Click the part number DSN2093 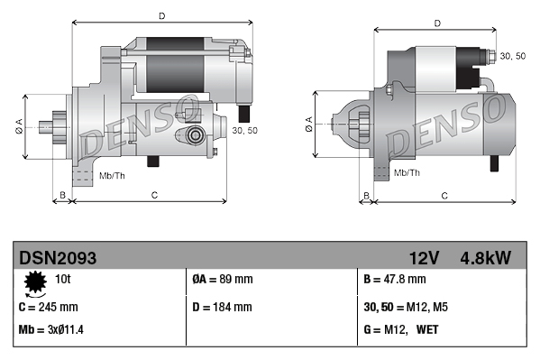(x=57, y=258)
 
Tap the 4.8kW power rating (x=487, y=258)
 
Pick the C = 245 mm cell (x=49, y=306)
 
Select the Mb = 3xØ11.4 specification (x=51, y=330)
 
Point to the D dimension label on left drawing (x=161, y=16)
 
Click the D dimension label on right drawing (x=436, y=23)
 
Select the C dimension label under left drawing (x=154, y=194)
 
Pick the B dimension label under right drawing (x=366, y=194)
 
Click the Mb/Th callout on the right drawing (x=408, y=171)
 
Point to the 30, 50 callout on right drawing (x=513, y=56)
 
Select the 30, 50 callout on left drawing (x=244, y=130)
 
